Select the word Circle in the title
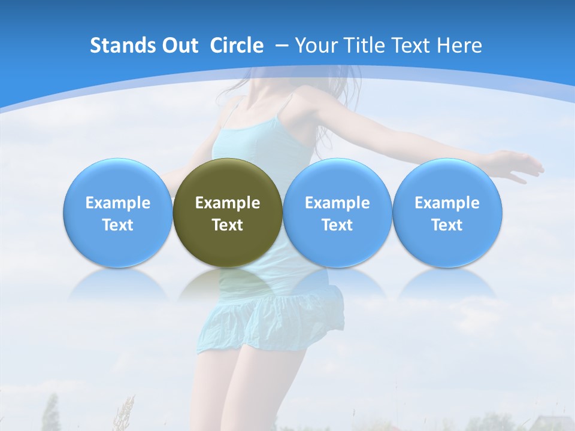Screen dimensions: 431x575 click(237, 45)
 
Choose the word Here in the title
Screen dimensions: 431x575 click(460, 45)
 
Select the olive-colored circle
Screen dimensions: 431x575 click(228, 180)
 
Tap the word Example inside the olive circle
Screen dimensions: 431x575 click(228, 203)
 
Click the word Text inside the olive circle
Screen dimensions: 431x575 click(228, 225)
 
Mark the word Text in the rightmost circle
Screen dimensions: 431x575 click(447, 225)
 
